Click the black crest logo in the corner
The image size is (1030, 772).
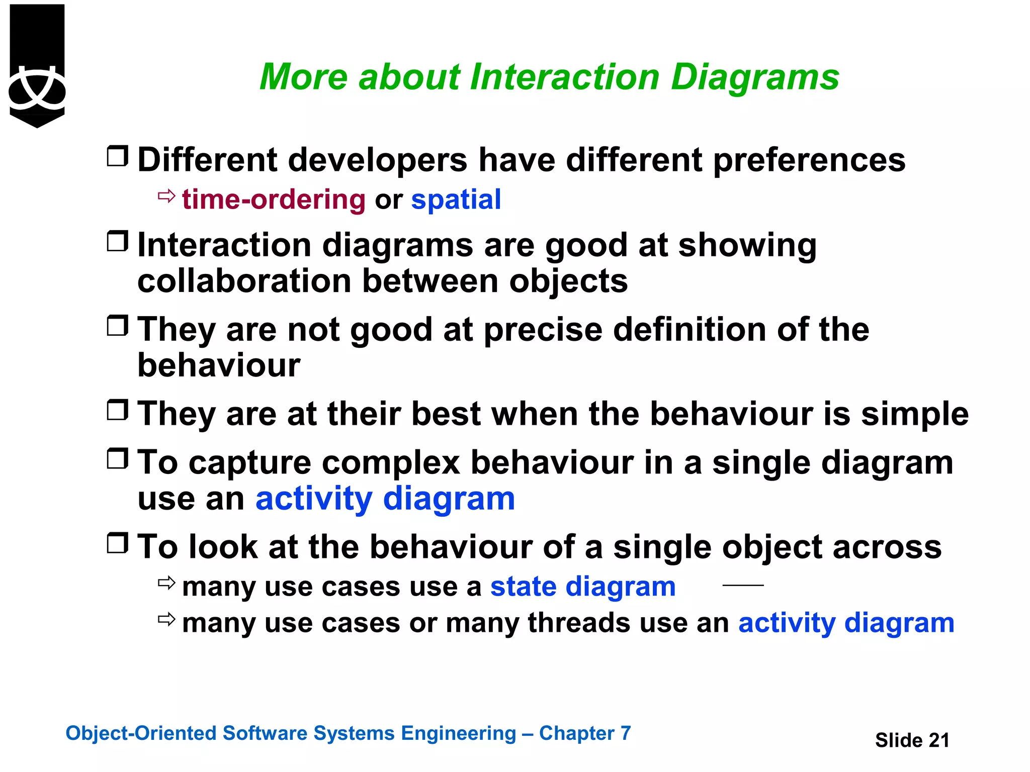click(37, 65)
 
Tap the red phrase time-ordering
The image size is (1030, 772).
click(274, 200)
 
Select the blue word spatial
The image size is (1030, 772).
click(456, 200)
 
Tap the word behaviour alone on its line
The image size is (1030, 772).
click(219, 365)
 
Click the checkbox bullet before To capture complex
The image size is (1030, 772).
click(118, 458)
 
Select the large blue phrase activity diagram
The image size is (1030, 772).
click(385, 499)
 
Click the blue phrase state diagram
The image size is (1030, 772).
click(582, 587)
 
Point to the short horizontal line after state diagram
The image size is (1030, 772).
click(743, 585)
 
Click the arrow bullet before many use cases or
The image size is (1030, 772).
click(166, 619)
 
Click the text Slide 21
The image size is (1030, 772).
click(912, 740)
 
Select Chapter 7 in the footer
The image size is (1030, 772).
click(584, 733)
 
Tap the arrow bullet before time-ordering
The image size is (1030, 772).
click(166, 196)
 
